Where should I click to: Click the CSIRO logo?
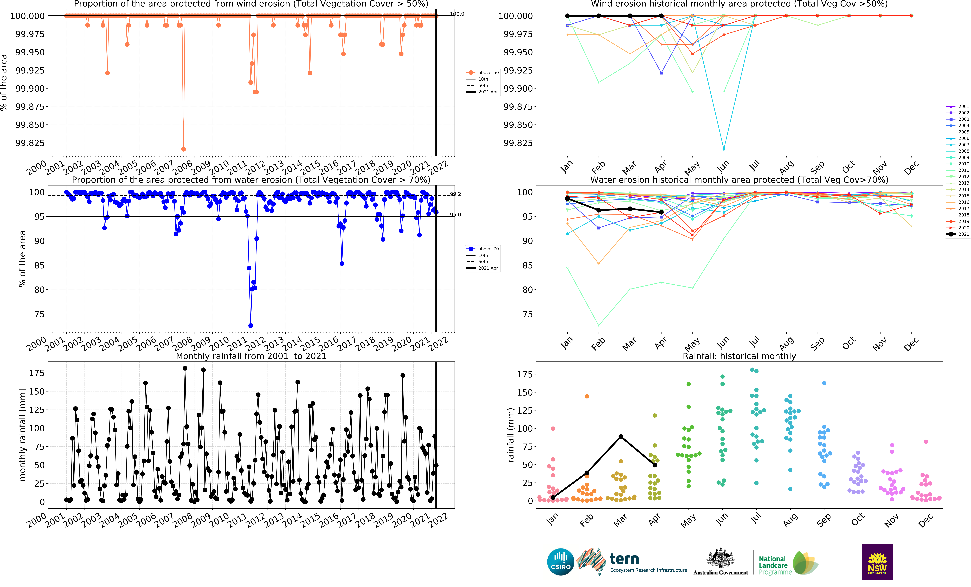[560, 562]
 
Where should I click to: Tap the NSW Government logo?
[877, 562]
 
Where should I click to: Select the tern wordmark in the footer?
[624, 559]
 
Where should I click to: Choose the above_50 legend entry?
[483, 73]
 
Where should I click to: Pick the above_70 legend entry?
[483, 249]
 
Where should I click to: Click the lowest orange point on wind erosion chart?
[183, 149]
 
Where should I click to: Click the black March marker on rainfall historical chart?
[621, 437]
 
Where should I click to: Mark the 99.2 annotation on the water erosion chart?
[456, 194]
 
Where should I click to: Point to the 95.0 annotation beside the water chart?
[456, 214]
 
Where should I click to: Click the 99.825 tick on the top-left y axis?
[30, 143]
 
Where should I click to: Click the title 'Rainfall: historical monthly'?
[739, 356]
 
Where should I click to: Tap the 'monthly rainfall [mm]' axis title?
[22, 435]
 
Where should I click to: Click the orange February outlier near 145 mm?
[587, 396]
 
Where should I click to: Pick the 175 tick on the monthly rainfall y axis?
[37, 373]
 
